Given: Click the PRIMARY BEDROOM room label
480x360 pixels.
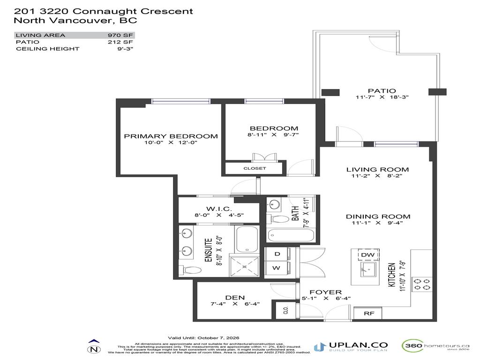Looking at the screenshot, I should pyautogui.click(x=171, y=136).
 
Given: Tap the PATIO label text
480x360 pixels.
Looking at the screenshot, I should pyautogui.click(x=382, y=90).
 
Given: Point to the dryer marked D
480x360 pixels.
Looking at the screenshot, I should pyautogui.click(x=277, y=254).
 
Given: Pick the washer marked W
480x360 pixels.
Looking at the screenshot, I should pyautogui.click(x=277, y=268).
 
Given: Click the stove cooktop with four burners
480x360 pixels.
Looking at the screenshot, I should pyautogui.click(x=421, y=285).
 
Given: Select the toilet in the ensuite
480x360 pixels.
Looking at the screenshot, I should pyautogui.click(x=191, y=270).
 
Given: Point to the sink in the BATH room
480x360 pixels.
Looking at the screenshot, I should pyautogui.click(x=275, y=204).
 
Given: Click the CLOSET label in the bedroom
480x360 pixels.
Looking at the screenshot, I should pyautogui.click(x=255, y=168).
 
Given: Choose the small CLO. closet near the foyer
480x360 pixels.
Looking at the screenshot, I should pyautogui.click(x=285, y=310).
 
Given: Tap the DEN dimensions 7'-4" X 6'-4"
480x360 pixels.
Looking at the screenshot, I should pyautogui.click(x=235, y=304).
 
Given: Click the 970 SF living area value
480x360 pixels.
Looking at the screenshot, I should pyautogui.click(x=121, y=35).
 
